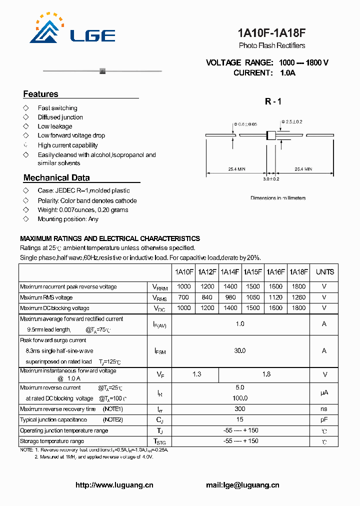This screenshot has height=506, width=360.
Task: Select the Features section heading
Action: [40, 94]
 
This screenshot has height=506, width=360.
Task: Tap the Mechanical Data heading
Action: [56, 177]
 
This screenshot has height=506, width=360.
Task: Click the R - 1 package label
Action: [273, 101]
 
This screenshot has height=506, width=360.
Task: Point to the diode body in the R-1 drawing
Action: [271, 135]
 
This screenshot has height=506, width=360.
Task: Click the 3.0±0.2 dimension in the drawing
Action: [271, 178]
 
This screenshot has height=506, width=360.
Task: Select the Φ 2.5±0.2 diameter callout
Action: [291, 121]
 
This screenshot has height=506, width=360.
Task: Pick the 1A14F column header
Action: [230, 272]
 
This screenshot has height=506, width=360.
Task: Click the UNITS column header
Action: [324, 272]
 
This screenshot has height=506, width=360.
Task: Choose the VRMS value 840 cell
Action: [207, 297]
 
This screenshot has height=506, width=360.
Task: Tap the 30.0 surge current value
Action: [240, 350]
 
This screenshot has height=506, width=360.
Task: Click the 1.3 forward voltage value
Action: [196, 374]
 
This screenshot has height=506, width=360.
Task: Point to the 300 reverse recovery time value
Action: [240, 409]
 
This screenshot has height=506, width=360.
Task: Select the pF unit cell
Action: [324, 419]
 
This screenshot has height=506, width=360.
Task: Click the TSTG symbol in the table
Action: [159, 441]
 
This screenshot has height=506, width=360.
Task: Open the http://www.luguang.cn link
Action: [114, 485]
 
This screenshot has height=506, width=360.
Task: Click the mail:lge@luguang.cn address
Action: [242, 485]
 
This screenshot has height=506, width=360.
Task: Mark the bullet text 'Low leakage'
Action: [55, 126]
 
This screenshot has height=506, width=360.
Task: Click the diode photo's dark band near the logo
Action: [103, 70]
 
